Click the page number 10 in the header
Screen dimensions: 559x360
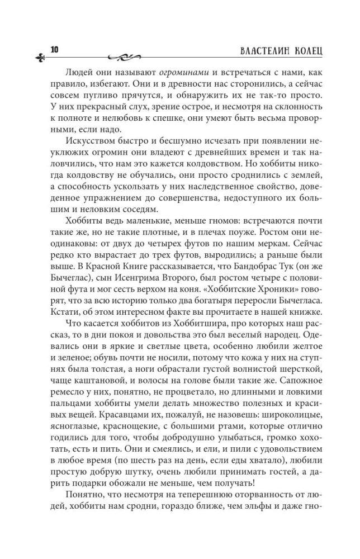click(x=54, y=49)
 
